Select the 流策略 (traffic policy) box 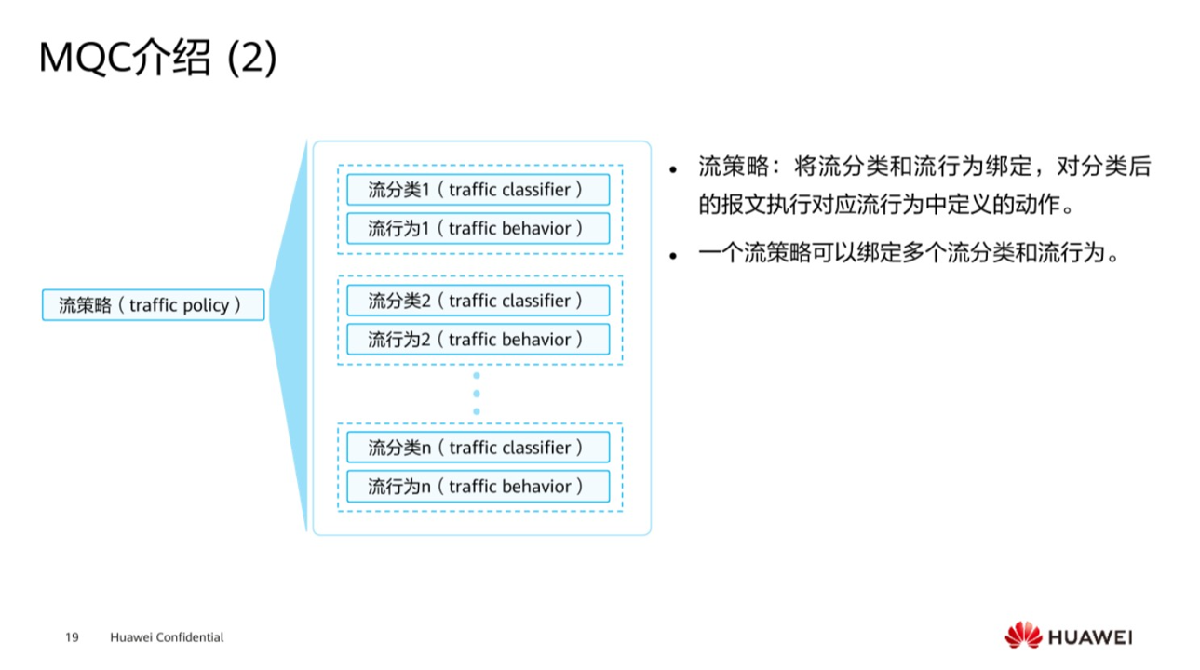pyautogui.click(x=154, y=305)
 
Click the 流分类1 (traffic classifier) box pyautogui.click(x=478, y=190)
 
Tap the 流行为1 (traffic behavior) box pyautogui.click(x=478, y=228)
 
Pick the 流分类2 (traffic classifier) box pyautogui.click(x=478, y=301)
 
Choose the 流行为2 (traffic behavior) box pyautogui.click(x=478, y=339)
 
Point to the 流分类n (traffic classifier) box pyautogui.click(x=478, y=448)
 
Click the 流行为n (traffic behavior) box pyautogui.click(x=478, y=486)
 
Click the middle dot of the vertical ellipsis pyautogui.click(x=477, y=394)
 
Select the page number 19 pyautogui.click(x=72, y=637)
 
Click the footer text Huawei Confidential pyautogui.click(x=167, y=637)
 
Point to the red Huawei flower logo pyautogui.click(x=1023, y=636)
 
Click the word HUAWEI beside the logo pyautogui.click(x=1090, y=637)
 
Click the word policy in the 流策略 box pyautogui.click(x=206, y=305)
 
